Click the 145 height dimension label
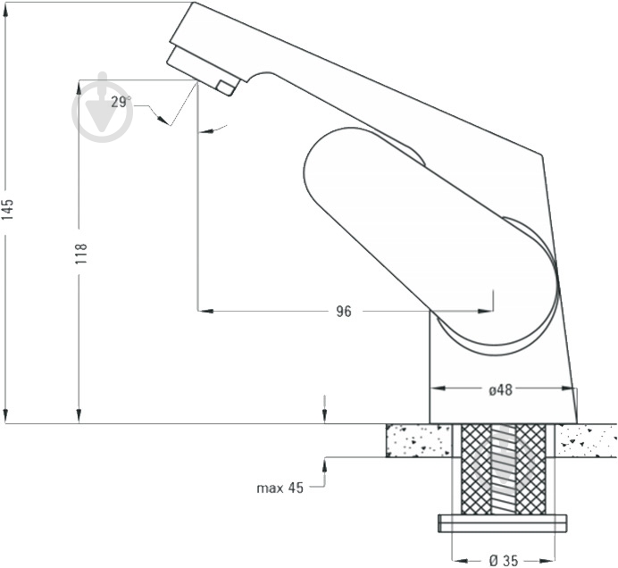[x=8, y=210]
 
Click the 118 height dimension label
[x=81, y=254]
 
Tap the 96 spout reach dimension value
[x=344, y=312]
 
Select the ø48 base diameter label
[x=500, y=390]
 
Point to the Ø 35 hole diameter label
[x=504, y=560]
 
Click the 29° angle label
[x=121, y=102]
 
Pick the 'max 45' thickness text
[x=280, y=488]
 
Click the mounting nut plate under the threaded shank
[x=503, y=523]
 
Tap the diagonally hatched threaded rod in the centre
[x=504, y=469]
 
